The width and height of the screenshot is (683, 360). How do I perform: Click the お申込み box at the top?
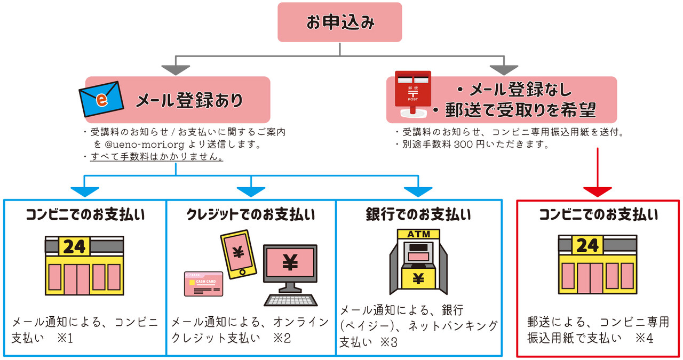point(339,22)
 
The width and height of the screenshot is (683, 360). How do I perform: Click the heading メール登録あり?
point(189,100)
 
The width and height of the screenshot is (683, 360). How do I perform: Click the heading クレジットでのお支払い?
point(250,215)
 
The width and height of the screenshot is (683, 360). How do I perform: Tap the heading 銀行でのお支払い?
point(418,215)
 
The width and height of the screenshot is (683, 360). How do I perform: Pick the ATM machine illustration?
point(418,261)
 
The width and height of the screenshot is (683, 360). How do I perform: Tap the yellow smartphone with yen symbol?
point(238,253)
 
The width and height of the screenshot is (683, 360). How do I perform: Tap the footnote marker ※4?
point(645,338)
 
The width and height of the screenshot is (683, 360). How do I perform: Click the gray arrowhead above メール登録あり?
point(176,70)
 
